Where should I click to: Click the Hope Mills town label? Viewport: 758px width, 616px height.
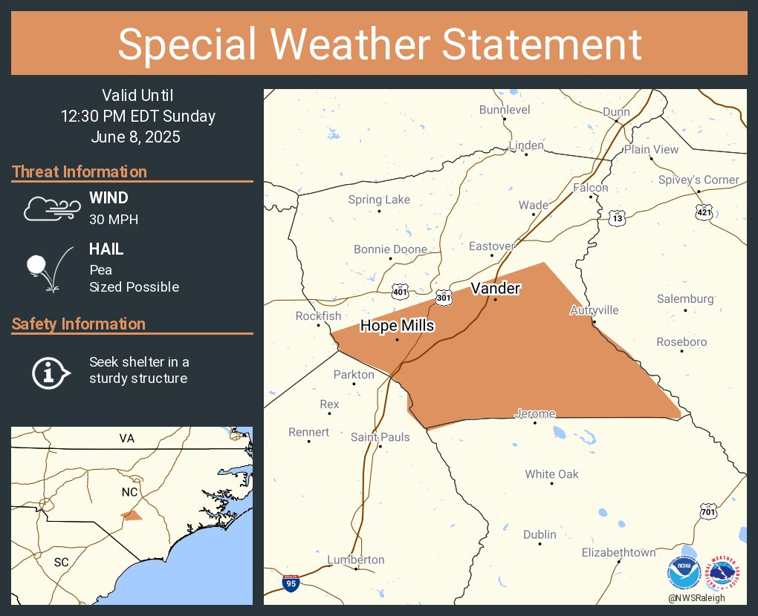tap(397, 326)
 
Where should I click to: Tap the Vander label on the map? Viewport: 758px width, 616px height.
tap(496, 288)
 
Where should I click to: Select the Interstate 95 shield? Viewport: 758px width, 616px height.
tap(292, 583)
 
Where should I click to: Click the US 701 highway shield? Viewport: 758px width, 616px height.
tap(708, 511)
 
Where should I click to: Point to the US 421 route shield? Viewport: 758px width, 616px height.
tap(704, 212)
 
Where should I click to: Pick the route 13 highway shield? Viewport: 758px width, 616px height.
tap(617, 218)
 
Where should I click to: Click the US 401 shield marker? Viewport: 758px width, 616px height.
tap(401, 292)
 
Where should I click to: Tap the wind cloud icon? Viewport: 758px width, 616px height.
tap(51, 209)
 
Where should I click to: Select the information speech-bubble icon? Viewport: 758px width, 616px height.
tap(50, 371)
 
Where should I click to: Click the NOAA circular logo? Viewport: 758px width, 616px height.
tap(684, 573)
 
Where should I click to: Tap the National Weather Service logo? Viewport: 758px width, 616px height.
tap(723, 573)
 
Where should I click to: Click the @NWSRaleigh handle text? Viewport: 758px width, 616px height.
tap(696, 598)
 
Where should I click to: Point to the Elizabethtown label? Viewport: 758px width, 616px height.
tap(618, 552)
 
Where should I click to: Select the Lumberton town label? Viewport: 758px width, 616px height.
tap(356, 560)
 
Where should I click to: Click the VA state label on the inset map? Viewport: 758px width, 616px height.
tap(127, 439)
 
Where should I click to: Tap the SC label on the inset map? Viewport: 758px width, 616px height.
tap(61, 562)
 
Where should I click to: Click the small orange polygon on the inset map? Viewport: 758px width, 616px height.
tap(132, 515)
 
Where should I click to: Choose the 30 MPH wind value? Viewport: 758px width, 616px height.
tap(114, 219)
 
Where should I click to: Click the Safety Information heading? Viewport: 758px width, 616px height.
tap(79, 324)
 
